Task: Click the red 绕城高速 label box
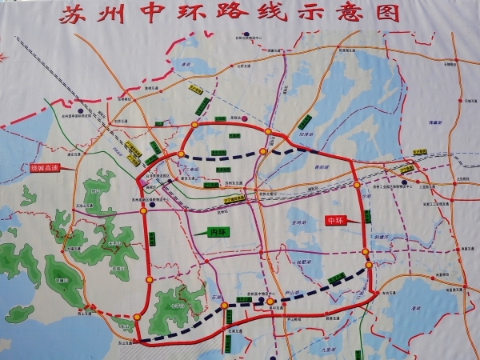(x=48, y=168)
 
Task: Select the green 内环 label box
(x=211, y=233)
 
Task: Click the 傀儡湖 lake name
(x=435, y=122)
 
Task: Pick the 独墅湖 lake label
(x=302, y=262)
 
